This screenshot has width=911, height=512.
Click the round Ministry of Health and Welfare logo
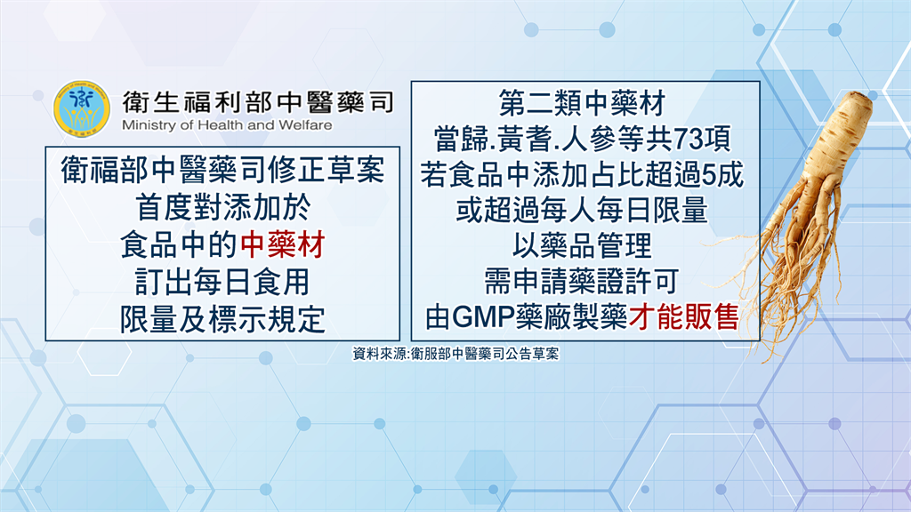[81, 109]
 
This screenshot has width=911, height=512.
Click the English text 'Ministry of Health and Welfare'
[227, 125]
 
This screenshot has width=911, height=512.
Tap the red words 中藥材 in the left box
[282, 244]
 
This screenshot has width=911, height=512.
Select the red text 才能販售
[683, 317]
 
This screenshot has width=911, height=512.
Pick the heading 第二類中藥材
[582, 103]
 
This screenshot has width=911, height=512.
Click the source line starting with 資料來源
[455, 354]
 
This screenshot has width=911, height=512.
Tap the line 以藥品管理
[582, 245]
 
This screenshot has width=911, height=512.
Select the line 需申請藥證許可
[582, 282]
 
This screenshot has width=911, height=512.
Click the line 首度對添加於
[223, 207]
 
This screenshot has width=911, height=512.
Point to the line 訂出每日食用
[222, 282]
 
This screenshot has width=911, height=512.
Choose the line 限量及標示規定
[222, 320]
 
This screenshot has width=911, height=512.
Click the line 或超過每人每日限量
[582, 210]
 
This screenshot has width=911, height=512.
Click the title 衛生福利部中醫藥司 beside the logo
[258, 102]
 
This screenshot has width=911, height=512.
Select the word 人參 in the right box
[589, 140]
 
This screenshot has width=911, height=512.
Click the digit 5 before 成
[709, 175]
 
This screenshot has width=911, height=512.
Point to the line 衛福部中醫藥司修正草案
[223, 170]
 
